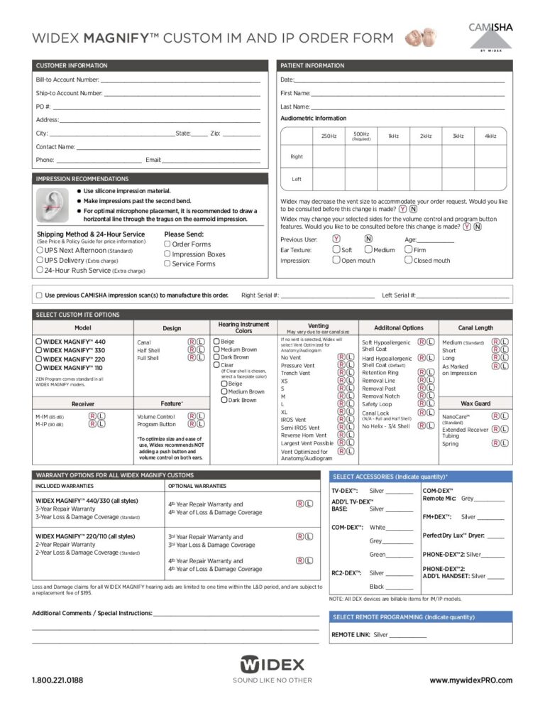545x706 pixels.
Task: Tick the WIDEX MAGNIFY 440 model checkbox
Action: pos(38,342)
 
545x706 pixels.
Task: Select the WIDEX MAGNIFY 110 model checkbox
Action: pos(38,368)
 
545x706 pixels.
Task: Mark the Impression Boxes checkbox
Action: pos(167,254)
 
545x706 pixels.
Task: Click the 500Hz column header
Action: pos(361,136)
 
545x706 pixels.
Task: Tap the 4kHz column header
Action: pos(490,136)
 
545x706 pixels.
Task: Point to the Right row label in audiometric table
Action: pos(297,156)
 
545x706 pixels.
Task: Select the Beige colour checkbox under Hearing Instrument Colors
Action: pos(216,342)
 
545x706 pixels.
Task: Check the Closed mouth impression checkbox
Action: pos(407,260)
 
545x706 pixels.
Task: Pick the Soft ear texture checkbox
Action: pos(336,249)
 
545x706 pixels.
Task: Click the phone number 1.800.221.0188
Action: pos(57,680)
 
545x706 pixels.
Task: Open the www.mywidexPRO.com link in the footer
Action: pos(470,680)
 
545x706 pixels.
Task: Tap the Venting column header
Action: pos(318,326)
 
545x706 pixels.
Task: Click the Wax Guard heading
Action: pos(475,403)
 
